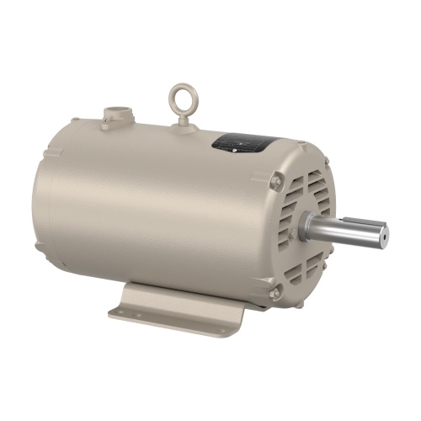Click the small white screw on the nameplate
[x=242, y=145]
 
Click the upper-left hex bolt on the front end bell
[x=279, y=179]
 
